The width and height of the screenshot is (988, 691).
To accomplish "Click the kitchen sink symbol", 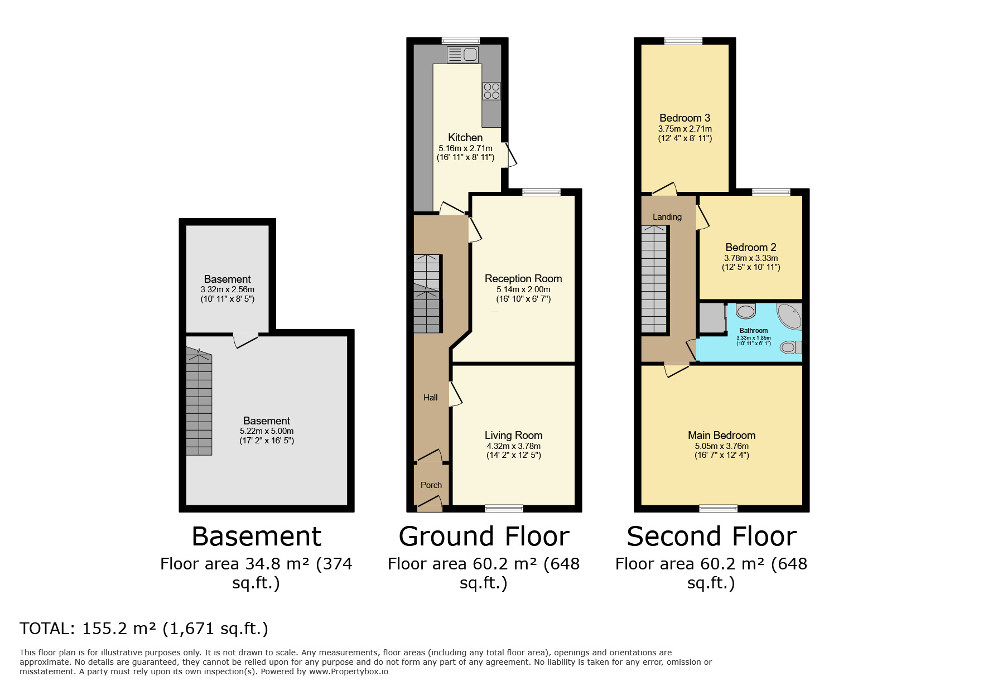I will click(462, 55).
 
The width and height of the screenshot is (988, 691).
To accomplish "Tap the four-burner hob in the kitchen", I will click(491, 91).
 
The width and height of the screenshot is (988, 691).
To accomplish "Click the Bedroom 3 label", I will click(685, 118).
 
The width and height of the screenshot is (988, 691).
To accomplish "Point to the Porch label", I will click(431, 485).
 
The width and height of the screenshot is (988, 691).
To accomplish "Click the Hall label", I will click(430, 398).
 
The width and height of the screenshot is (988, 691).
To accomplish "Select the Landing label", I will click(667, 217).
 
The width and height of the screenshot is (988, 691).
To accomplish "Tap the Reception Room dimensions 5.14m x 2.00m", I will click(523, 289).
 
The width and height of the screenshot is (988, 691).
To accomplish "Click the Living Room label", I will click(513, 436).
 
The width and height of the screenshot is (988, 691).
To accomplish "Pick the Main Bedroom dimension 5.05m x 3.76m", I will click(721, 446).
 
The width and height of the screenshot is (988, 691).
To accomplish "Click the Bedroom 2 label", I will click(750, 247).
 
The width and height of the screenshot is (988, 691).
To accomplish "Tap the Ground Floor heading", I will click(484, 537).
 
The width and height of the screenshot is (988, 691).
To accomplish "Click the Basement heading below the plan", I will click(256, 537).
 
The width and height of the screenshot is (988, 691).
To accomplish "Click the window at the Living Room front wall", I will click(504, 508).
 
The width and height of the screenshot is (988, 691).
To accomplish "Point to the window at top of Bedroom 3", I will click(683, 41).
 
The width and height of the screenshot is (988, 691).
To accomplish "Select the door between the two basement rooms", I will click(245, 338).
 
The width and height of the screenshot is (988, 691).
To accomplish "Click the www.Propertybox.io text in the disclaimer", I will click(348, 671).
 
